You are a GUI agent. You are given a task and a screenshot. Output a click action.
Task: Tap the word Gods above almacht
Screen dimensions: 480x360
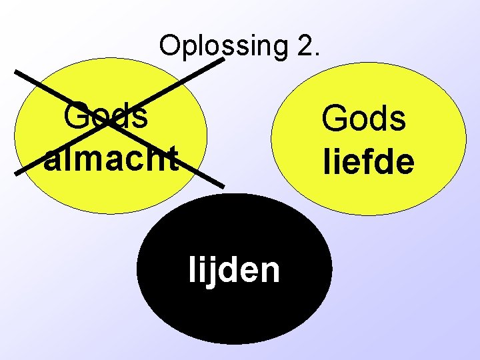tap(106, 117)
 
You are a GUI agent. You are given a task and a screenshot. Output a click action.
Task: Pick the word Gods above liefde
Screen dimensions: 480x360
tap(363, 119)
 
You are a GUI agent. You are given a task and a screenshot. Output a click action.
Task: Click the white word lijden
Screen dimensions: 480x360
tap(234, 270)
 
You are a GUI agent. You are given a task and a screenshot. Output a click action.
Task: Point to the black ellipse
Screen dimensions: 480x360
tap(234, 307)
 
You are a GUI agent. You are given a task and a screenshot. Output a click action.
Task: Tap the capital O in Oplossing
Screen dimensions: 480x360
tap(169, 45)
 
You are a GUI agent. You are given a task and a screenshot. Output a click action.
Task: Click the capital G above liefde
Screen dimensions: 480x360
tap(333, 119)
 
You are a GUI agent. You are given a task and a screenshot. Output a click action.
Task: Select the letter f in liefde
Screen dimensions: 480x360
tap(360, 161)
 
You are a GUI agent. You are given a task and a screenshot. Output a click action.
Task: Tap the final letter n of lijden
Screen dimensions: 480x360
tap(271, 271)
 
